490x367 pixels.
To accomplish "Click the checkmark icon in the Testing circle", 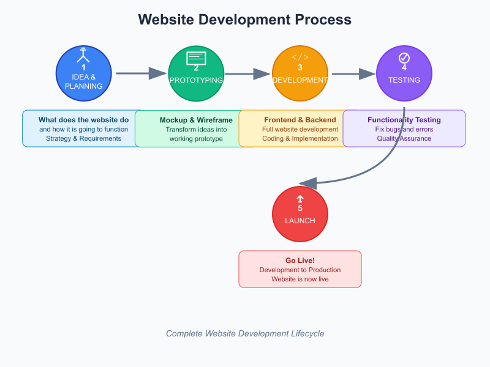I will [x=404, y=58].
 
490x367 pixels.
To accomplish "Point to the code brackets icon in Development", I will [x=300, y=57].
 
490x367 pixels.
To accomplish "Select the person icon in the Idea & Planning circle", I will [x=83, y=56].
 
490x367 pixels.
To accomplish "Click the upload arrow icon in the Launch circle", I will [x=300, y=199].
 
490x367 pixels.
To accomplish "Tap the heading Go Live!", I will [x=300, y=261].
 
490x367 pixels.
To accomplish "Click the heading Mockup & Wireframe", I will [x=196, y=120].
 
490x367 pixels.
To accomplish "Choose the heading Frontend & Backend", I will [x=300, y=120].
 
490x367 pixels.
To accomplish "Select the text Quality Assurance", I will [x=404, y=138].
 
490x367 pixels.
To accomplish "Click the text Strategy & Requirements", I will [x=83, y=138].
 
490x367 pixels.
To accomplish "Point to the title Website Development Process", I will [x=245, y=20].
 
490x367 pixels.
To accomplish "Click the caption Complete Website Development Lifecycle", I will [x=245, y=333].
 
